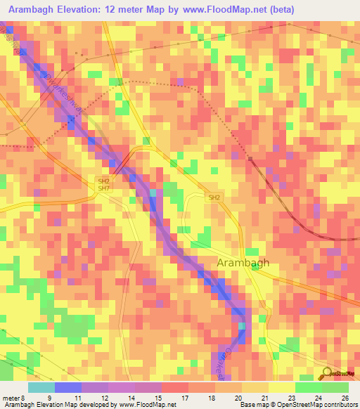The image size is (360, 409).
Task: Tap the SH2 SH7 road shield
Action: click(103, 184)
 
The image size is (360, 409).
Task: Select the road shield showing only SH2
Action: click(214, 199)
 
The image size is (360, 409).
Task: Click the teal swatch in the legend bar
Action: click(41, 387)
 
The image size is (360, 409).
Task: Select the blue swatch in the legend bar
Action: click(68, 387)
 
